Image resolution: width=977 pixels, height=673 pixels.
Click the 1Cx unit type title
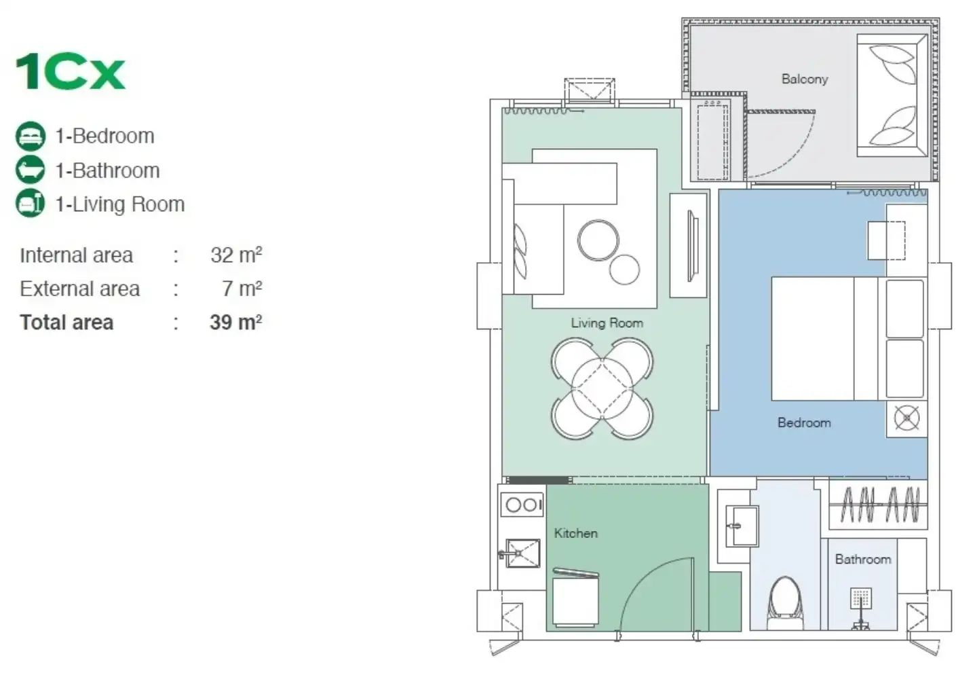pyautogui.click(x=71, y=71)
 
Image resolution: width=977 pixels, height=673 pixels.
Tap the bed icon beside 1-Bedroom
pyautogui.click(x=31, y=137)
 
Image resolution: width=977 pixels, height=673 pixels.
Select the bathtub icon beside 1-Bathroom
pyautogui.click(x=31, y=169)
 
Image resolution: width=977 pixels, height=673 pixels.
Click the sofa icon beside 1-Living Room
pyautogui.click(x=31, y=203)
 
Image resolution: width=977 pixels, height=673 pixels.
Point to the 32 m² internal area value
pyautogui.click(x=236, y=255)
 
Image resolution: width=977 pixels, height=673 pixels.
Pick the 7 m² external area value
pyautogui.click(x=242, y=289)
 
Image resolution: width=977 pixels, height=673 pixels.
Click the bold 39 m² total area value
pyautogui.click(x=236, y=323)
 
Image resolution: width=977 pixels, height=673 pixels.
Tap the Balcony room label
pyautogui.click(x=805, y=79)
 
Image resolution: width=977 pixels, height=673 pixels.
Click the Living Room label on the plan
pyautogui.click(x=607, y=323)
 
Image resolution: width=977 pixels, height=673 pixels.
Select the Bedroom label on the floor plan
pyautogui.click(x=804, y=422)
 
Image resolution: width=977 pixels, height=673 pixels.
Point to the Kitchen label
pyautogui.click(x=576, y=533)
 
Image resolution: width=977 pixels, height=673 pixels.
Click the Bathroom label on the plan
pyautogui.click(x=863, y=559)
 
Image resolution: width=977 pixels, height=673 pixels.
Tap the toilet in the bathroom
pyautogui.click(x=785, y=603)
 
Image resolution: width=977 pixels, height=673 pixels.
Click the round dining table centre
pyautogui.click(x=602, y=388)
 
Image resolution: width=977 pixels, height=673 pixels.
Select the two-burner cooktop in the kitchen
pyautogui.click(x=522, y=505)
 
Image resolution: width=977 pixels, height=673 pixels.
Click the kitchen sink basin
pyautogui.click(x=523, y=553)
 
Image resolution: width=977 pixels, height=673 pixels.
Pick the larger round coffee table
pyautogui.click(x=598, y=240)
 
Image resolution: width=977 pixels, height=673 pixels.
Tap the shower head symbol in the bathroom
pyautogui.click(x=861, y=598)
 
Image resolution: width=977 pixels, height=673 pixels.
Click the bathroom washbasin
pyautogui.click(x=742, y=526)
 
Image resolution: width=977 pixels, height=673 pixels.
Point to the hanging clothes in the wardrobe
pyautogui.click(x=879, y=505)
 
